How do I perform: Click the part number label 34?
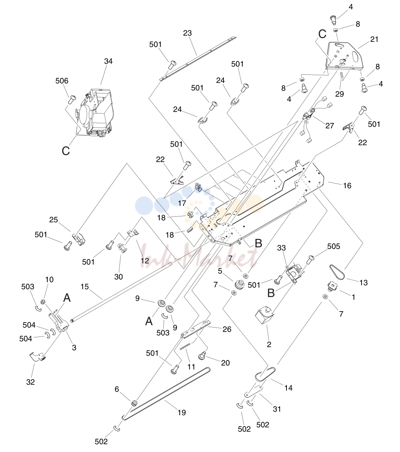pos(108,61)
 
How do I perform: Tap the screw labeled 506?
pos(72,99)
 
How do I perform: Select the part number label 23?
pos(187,33)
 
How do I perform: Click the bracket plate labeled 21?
pos(345,56)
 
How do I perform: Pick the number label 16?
pos(347,185)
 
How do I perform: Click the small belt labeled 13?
pos(337,272)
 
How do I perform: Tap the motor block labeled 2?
pos(265,315)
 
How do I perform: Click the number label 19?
pos(182,412)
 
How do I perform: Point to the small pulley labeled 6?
pos(134,403)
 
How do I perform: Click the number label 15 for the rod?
pos(85,287)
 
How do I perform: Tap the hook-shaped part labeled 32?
pos(38,356)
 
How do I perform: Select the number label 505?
pos(334,246)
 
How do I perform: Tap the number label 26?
pos(227,329)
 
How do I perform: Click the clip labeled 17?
pos(198,187)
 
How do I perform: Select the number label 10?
pos(49,279)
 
